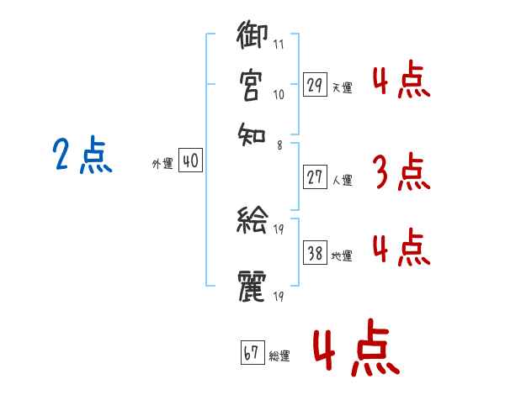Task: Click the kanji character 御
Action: (252, 39)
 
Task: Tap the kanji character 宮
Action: (252, 86)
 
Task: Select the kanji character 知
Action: (252, 133)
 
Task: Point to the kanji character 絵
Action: (252, 222)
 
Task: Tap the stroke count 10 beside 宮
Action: (278, 95)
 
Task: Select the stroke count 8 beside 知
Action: (279, 145)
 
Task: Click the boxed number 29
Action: (315, 85)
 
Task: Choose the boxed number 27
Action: (315, 177)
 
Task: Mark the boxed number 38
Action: (316, 254)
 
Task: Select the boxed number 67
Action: (252, 354)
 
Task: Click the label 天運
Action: (343, 87)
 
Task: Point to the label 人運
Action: (343, 179)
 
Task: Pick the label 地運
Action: (343, 255)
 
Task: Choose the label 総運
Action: (279, 355)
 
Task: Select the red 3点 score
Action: (401, 172)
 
